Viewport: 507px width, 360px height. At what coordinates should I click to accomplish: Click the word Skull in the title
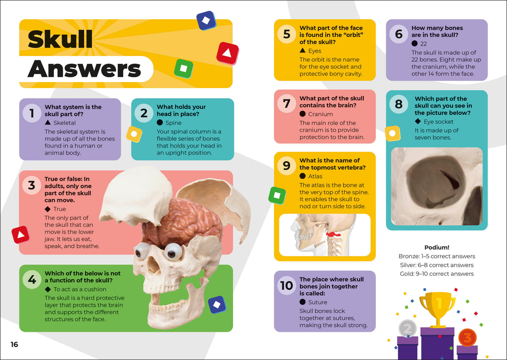(60, 39)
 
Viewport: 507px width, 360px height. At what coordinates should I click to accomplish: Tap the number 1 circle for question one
(32, 113)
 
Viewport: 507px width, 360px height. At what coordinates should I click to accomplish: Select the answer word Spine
(173, 123)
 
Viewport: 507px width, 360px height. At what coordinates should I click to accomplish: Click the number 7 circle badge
(287, 103)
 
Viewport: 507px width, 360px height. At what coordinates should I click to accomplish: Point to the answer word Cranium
(320, 114)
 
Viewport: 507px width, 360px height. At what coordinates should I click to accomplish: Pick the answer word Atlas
(315, 176)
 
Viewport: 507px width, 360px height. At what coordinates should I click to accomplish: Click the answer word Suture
(317, 302)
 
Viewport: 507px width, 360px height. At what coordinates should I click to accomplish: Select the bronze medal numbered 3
(467, 337)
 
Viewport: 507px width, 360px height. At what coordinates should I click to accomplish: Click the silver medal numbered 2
(407, 329)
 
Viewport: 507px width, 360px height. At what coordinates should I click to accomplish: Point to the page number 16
(14, 345)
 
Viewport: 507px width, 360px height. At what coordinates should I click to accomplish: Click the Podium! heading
(437, 248)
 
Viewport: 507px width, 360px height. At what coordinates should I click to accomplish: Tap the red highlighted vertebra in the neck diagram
(333, 234)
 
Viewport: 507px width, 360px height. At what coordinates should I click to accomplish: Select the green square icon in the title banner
(183, 68)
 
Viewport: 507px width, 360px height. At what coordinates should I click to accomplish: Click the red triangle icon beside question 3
(20, 235)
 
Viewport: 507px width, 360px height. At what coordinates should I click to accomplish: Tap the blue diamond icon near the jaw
(217, 305)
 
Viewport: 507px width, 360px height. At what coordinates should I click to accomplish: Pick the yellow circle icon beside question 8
(393, 134)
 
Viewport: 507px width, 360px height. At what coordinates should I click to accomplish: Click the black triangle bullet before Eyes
(303, 50)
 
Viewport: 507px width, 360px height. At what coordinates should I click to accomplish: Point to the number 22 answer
(424, 44)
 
